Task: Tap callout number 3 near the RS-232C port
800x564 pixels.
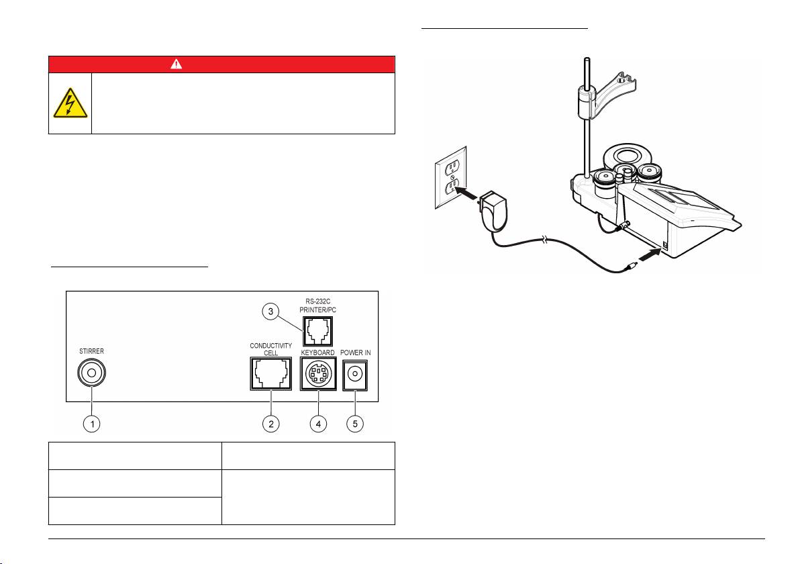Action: point(269,311)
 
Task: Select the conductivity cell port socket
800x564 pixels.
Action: point(270,373)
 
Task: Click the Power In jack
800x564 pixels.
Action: point(355,373)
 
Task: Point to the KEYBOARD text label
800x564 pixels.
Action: point(317,352)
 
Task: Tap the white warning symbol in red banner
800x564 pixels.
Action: point(221,64)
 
